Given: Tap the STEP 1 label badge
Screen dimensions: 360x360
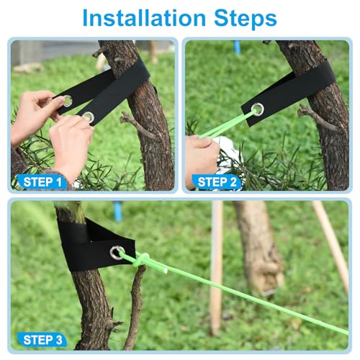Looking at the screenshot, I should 40,181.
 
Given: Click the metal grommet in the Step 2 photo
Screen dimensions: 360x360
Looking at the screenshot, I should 257,109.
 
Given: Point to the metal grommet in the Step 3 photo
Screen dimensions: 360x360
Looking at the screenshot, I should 117,252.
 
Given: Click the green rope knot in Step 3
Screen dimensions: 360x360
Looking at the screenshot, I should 143,260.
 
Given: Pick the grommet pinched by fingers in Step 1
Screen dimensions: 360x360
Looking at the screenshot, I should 67,101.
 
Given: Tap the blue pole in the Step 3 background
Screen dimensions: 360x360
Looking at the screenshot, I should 117,211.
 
